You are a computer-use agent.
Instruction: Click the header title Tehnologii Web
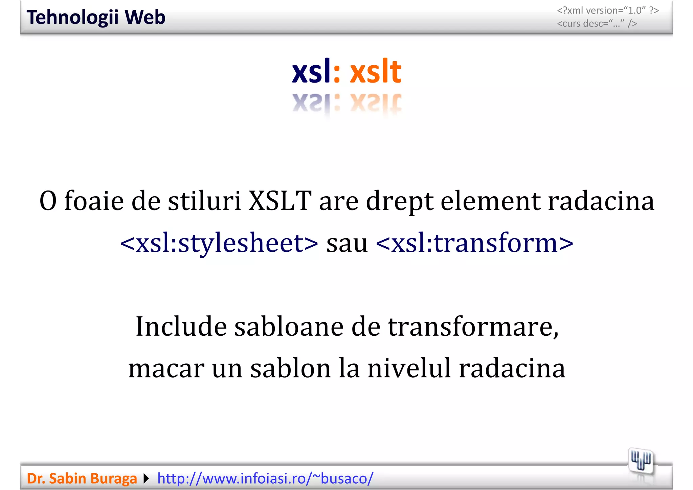click(96, 17)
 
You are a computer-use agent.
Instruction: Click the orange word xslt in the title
click(375, 72)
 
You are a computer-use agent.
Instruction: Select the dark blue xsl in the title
click(311, 72)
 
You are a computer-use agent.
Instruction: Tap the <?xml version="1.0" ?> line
click(608, 10)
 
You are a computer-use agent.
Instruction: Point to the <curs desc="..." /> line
click(597, 24)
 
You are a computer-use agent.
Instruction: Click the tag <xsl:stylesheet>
click(219, 243)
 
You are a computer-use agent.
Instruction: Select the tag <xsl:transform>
click(474, 243)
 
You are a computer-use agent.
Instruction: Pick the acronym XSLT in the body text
click(280, 201)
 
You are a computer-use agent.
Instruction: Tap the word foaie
click(94, 201)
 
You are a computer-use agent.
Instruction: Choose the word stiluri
click(204, 201)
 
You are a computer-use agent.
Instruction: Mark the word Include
click(181, 327)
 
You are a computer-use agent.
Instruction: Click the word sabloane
click(289, 327)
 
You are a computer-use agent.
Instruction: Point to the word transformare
click(473, 327)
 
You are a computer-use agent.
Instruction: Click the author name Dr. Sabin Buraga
click(82, 478)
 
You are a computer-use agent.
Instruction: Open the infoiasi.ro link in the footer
click(265, 478)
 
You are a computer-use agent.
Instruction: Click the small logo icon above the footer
click(641, 461)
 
